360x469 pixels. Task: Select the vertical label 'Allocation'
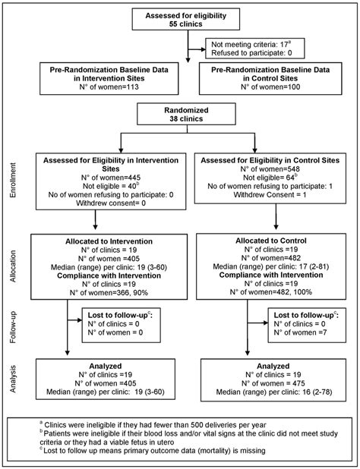click(x=12, y=270)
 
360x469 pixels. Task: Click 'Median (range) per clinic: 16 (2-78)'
click(x=271, y=395)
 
